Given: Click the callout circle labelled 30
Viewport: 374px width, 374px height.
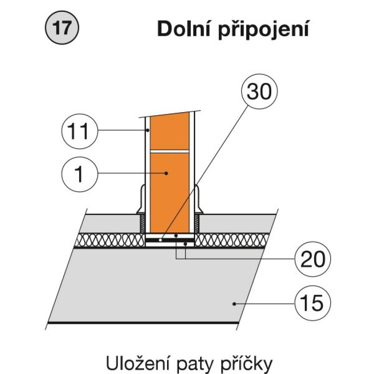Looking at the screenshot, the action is click(x=259, y=92).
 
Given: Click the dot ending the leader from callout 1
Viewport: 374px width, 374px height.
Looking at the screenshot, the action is click(x=167, y=173).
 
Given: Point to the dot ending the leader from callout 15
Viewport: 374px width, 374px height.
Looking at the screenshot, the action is click(x=234, y=303).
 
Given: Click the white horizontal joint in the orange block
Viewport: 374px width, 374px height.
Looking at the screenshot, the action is click(x=170, y=151).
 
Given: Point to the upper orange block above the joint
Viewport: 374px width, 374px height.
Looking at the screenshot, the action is click(x=170, y=132).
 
